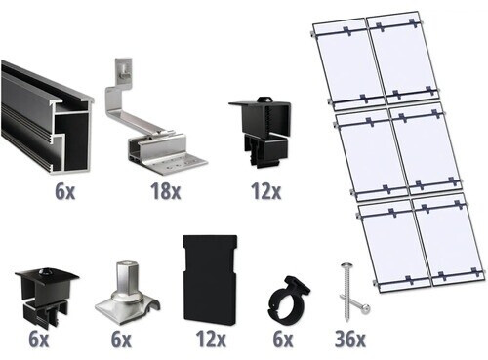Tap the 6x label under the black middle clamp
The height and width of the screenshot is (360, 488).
click(40, 339)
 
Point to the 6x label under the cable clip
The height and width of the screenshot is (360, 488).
click(284, 339)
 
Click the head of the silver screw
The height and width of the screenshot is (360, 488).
click(346, 267)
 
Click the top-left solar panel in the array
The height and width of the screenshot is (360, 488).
click(349, 60)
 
